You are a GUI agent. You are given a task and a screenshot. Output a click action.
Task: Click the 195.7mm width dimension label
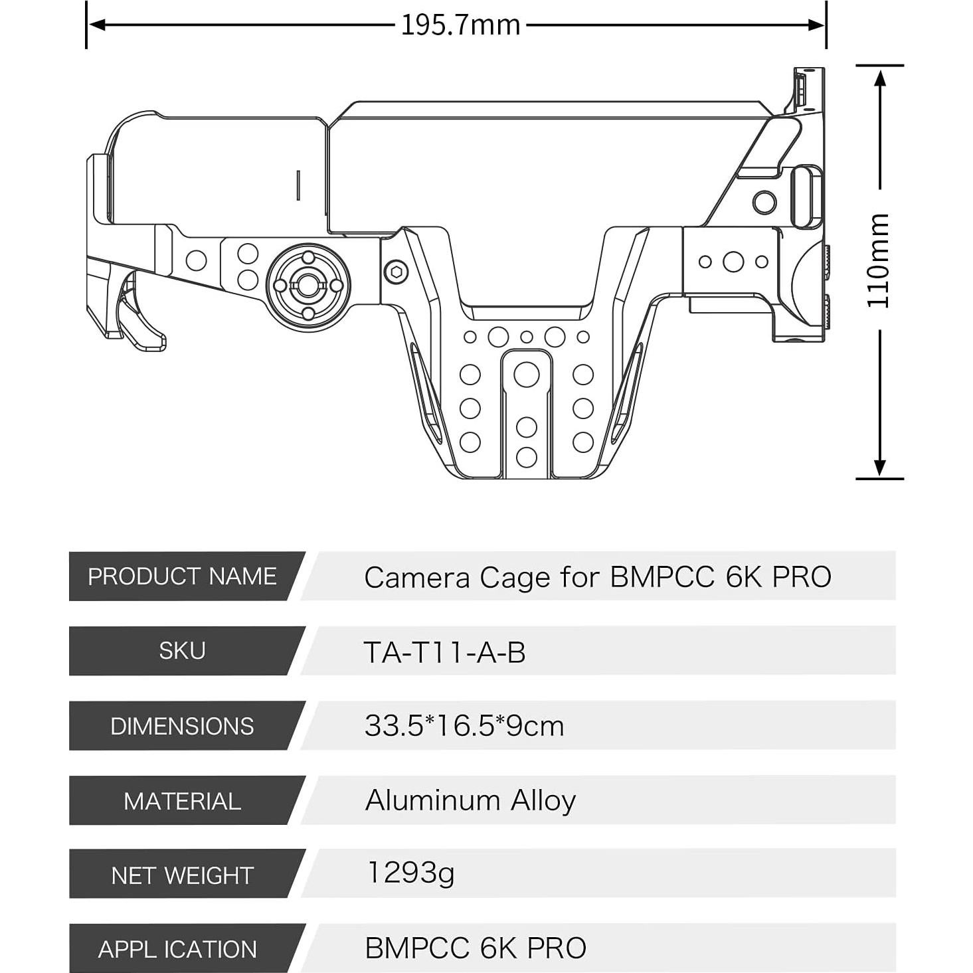460,25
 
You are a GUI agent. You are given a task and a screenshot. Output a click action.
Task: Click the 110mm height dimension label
878,260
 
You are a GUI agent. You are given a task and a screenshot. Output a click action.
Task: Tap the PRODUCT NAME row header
182,576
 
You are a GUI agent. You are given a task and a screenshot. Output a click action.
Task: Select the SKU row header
182,651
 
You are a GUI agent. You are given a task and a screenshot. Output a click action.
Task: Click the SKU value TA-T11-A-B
444,652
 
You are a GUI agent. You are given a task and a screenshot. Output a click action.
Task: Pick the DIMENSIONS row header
182,726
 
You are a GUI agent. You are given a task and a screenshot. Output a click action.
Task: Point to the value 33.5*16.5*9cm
464,726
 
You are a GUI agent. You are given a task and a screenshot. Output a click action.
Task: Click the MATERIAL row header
182,801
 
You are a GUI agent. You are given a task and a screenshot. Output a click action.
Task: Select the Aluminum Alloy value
470,800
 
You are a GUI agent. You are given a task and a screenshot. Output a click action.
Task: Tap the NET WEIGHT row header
182,875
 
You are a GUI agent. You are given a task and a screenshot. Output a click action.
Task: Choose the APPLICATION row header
177,949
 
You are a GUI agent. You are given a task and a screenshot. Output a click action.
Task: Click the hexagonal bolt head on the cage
397,271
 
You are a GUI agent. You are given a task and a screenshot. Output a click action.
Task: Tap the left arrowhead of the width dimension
97,25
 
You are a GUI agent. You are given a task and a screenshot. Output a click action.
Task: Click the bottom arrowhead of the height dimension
879,468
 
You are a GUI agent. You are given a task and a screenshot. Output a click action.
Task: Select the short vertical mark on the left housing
298,185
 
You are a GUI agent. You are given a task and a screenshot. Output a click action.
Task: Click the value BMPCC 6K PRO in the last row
476,948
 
